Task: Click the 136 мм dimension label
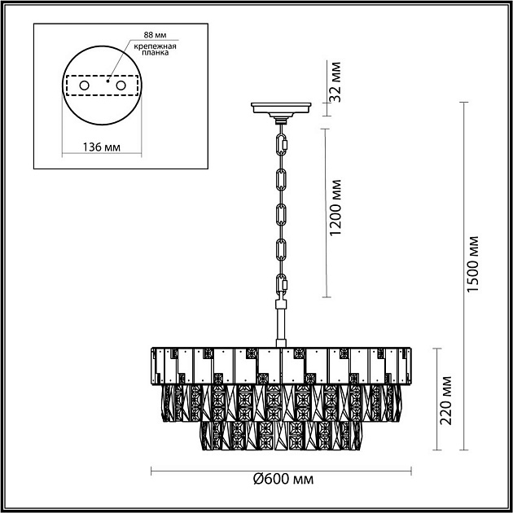pyautogui.click(x=102, y=147)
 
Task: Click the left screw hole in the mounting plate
pyautogui.click(x=84, y=85)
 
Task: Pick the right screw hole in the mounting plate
pyautogui.click(x=121, y=85)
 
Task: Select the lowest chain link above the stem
pyautogui.click(x=283, y=286)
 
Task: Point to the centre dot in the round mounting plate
pyautogui.click(x=107, y=80)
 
